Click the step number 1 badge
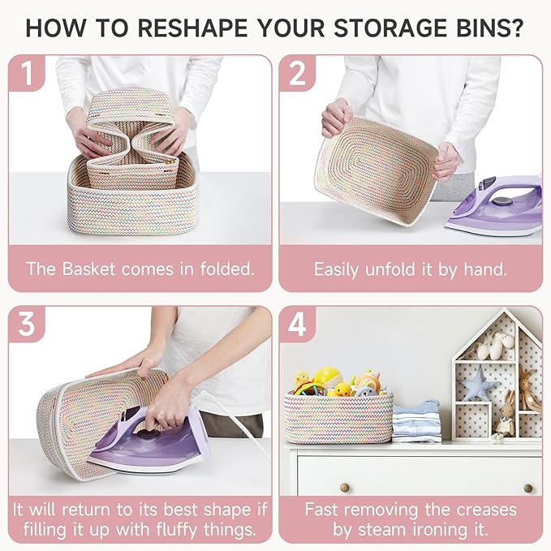27,73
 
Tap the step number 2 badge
297,73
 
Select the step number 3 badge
27,324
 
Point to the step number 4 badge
297,324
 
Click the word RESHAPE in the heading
193,28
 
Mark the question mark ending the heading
516,28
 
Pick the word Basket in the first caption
88,269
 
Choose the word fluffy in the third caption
177,530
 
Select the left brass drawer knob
345,488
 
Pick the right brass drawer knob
528,488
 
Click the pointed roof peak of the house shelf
505,309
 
